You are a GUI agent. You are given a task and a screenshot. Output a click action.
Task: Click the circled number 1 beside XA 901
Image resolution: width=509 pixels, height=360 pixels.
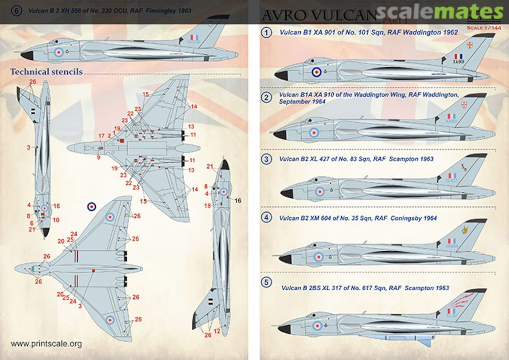click(267, 33)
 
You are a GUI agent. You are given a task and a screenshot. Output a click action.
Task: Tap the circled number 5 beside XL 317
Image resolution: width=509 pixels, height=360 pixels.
click(267, 283)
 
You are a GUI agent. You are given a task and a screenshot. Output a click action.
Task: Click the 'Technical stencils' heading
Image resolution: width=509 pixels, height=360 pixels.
click(46, 72)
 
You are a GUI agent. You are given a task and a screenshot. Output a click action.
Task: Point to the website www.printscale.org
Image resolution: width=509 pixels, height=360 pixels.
click(46, 344)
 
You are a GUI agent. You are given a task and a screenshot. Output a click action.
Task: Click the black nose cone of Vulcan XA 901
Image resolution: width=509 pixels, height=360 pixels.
click(281, 75)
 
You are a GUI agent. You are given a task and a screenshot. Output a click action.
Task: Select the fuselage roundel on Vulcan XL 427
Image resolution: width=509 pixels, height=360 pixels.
click(320, 191)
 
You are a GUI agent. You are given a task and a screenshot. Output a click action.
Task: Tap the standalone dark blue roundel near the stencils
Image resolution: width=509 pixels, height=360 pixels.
click(92, 206)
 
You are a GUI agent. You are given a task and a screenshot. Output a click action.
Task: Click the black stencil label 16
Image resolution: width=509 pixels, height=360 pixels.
click(238, 201)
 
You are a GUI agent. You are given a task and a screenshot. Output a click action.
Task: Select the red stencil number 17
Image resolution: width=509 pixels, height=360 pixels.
click(101, 136)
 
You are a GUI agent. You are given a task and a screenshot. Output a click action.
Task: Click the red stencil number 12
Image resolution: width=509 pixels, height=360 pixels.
click(217, 332)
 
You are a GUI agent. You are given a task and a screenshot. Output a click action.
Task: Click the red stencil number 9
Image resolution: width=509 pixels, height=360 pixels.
click(99, 158)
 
